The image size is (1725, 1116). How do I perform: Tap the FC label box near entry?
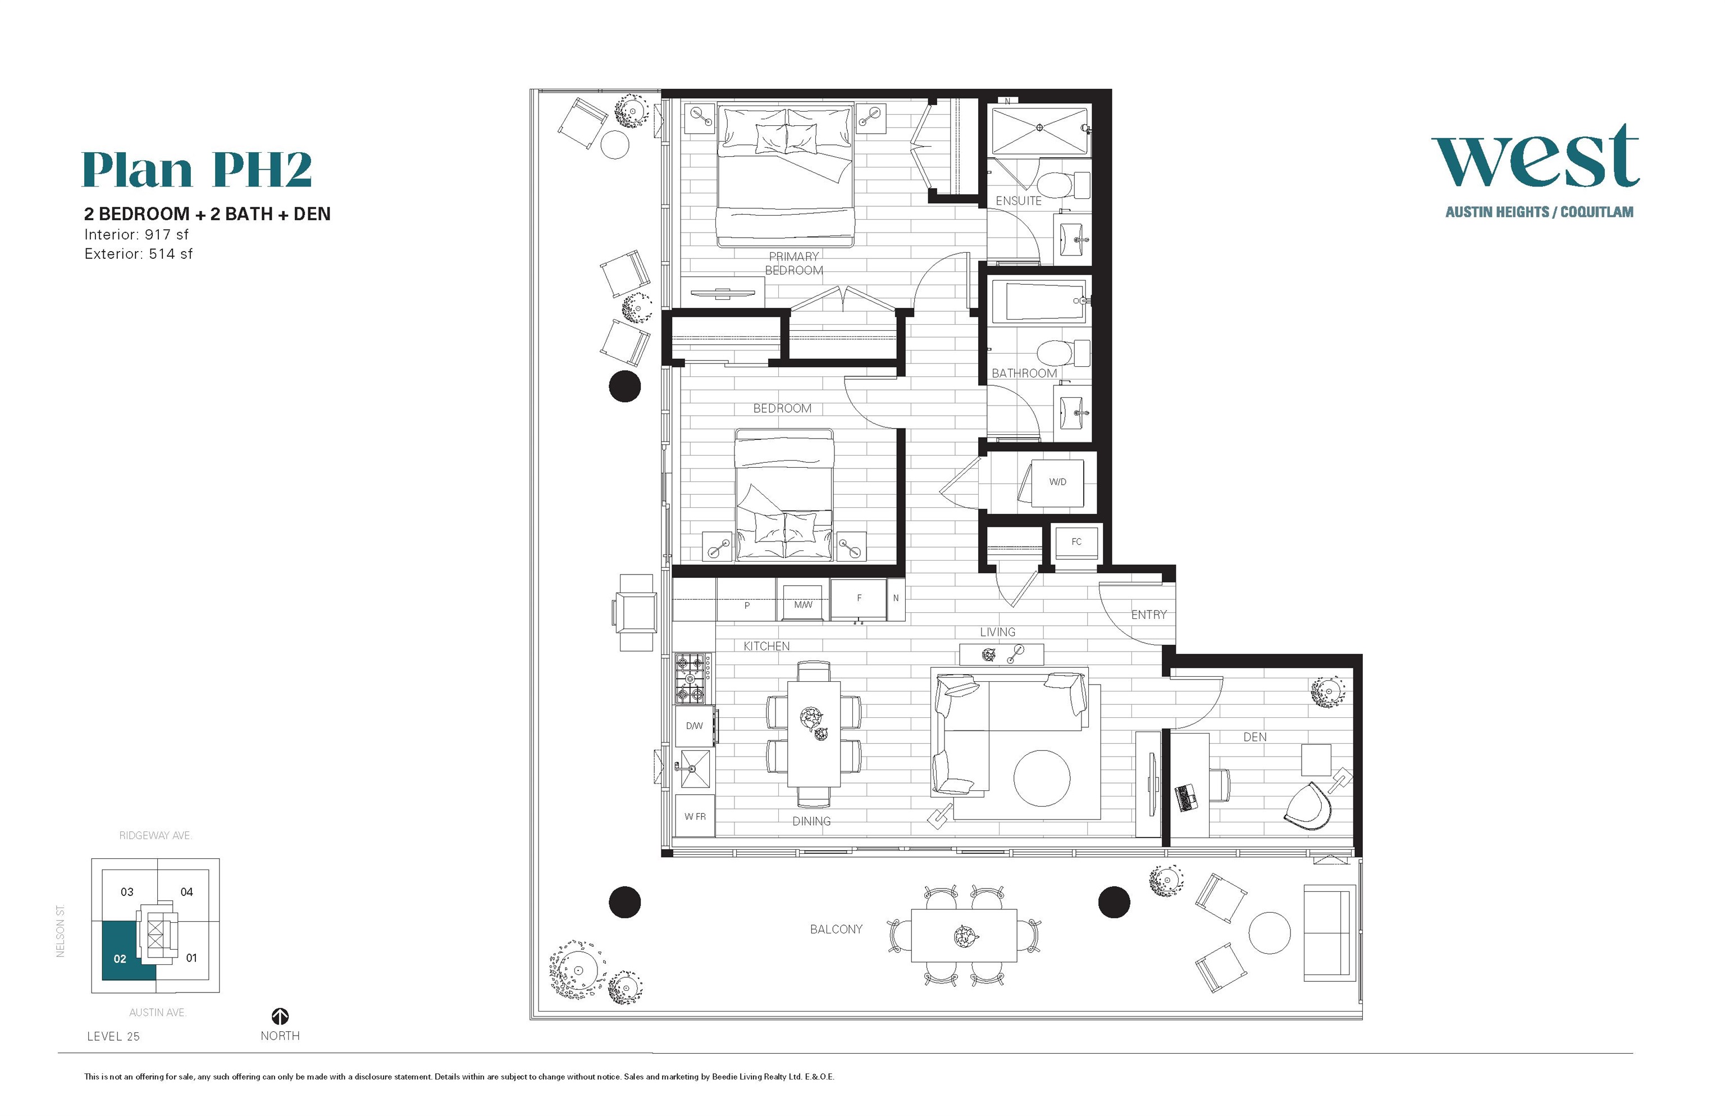click(1076, 542)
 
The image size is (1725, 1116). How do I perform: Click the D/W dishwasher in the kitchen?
click(694, 726)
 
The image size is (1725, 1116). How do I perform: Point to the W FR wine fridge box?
click(695, 816)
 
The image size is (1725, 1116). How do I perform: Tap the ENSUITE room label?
click(1018, 201)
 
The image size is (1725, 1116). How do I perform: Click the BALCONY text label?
click(836, 929)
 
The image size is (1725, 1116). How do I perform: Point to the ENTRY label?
click(1148, 614)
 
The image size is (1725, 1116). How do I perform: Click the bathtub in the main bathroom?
click(1038, 302)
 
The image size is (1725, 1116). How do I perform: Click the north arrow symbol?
click(280, 1017)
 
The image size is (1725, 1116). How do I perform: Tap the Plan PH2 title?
click(197, 170)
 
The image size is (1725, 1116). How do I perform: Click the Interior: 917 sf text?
click(136, 235)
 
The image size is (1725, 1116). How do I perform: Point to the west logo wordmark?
click(1535, 157)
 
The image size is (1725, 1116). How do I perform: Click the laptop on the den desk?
click(1186, 797)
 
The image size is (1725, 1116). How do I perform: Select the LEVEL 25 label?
click(113, 1036)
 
